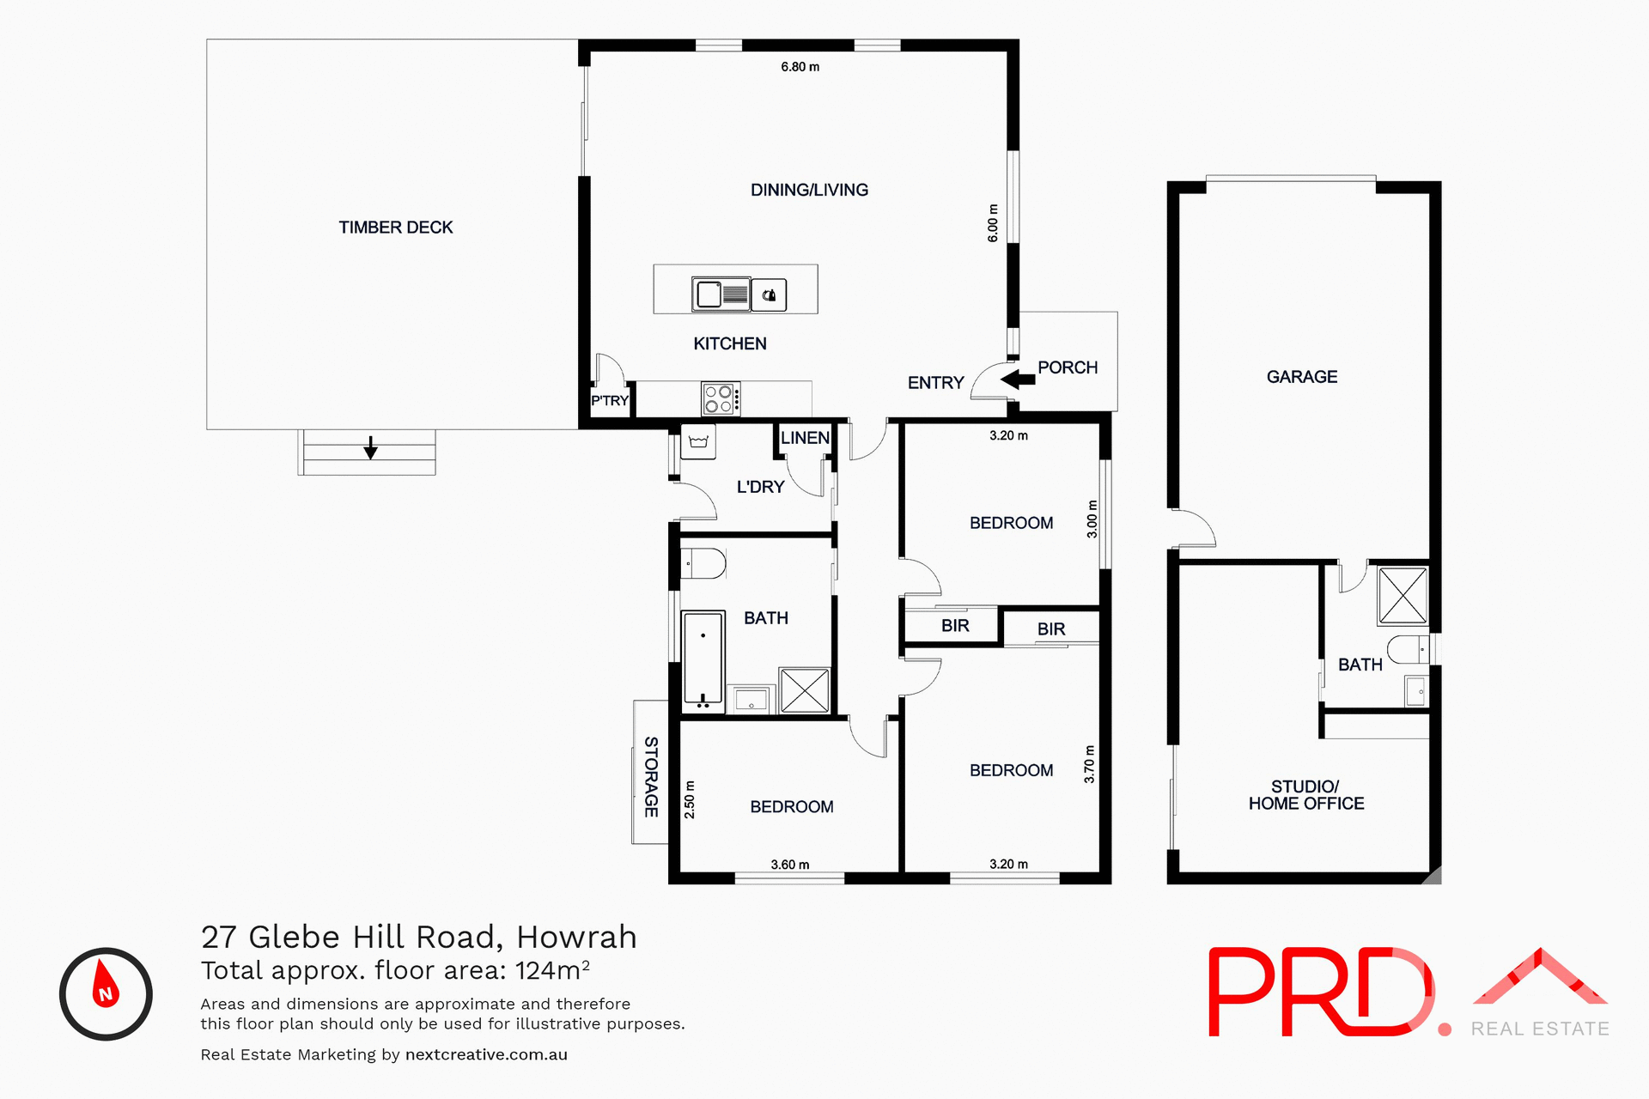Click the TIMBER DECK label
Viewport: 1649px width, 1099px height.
[x=395, y=228]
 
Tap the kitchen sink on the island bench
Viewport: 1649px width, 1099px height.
[x=721, y=294]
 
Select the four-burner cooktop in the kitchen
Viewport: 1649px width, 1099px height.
[x=721, y=399]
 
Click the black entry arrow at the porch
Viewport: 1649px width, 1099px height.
[x=1018, y=379]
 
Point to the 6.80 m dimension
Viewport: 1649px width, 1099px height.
[x=800, y=67]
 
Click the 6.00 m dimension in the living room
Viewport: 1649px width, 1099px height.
[x=993, y=223]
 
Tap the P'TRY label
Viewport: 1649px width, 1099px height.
[x=610, y=401]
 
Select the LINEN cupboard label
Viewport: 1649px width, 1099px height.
[x=805, y=438]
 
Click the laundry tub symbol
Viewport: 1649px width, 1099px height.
[x=698, y=442]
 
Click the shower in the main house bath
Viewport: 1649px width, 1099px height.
[x=805, y=690]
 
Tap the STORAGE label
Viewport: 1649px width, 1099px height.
[x=651, y=776]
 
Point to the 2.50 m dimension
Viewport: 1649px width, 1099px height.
[x=689, y=799]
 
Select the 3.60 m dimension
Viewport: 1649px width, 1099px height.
[x=789, y=865]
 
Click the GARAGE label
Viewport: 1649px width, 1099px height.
[x=1301, y=377]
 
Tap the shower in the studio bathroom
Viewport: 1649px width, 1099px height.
[x=1403, y=595]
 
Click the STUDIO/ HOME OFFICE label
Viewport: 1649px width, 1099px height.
[x=1305, y=795]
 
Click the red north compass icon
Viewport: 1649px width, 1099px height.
[x=106, y=994]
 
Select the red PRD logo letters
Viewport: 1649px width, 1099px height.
[x=1319, y=992]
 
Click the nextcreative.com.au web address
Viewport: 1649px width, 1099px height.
[x=486, y=1054]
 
